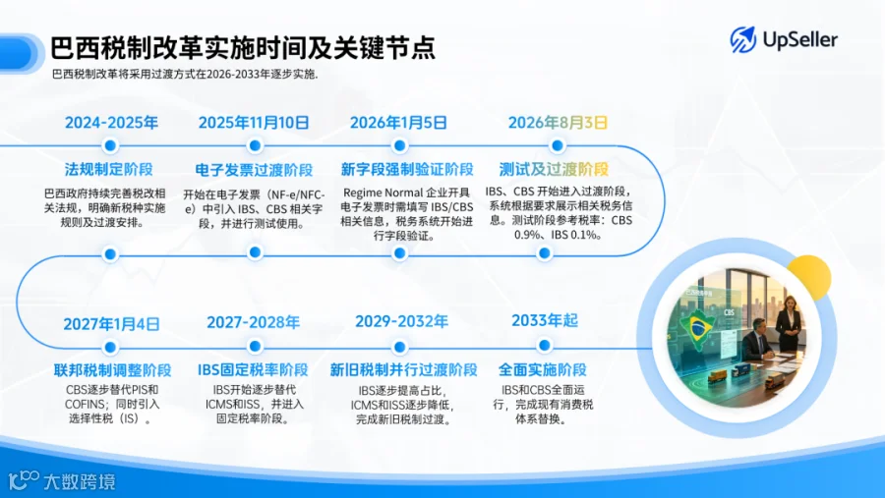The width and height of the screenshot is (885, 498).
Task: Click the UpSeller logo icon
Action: click(742, 39)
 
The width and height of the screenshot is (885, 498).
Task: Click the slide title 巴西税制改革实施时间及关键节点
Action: click(243, 47)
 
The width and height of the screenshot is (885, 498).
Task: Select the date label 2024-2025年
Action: click(111, 123)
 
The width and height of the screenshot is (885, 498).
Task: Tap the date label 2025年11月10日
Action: click(254, 123)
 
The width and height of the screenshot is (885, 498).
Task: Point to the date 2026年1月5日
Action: click(398, 123)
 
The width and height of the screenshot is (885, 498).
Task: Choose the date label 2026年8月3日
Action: click(558, 123)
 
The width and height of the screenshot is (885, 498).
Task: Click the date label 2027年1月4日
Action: click(111, 324)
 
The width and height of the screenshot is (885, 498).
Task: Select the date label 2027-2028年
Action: click(253, 322)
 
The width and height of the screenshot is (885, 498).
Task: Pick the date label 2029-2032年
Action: click(401, 321)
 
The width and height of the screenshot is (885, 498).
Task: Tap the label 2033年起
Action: click(545, 320)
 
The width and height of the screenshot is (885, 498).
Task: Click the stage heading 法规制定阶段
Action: click(108, 169)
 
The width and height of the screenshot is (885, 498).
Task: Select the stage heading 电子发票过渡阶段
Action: click(254, 169)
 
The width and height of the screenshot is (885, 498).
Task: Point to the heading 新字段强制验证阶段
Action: click(407, 169)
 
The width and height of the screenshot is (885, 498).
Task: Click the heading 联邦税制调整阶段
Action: click(112, 370)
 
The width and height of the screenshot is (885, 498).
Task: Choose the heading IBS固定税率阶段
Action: click(253, 369)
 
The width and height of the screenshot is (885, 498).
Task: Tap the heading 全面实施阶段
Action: click(543, 369)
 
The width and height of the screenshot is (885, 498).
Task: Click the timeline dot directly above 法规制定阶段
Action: click(110, 145)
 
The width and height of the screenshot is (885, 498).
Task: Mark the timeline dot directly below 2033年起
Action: click(544, 345)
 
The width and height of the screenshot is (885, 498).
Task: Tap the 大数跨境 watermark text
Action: click(79, 481)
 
